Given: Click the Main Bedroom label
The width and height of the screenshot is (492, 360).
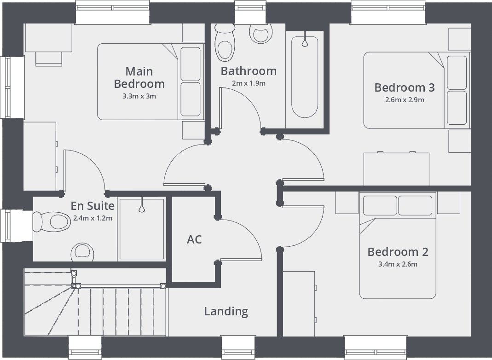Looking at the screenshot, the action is point(139,77).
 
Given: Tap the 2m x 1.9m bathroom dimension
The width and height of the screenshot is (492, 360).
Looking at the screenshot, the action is point(249,83).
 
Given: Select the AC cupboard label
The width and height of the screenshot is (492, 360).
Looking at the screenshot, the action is point(194,239).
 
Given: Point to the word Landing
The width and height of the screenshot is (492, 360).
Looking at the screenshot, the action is point(226,311).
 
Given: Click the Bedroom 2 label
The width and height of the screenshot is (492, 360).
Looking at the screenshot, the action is point(398,252).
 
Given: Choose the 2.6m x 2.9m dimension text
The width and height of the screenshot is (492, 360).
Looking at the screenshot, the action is point(405,100).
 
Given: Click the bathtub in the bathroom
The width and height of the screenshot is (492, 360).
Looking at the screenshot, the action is point(305,77).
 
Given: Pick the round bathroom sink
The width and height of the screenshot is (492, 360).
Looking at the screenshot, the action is point(261,33).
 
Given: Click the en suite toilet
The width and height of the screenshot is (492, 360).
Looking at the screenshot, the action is point(52,222).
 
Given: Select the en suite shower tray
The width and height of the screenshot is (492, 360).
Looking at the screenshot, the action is point(142,229).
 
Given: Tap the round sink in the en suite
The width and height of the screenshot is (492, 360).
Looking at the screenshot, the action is point(82,252).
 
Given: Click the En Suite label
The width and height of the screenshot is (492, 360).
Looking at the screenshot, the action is point(92,206).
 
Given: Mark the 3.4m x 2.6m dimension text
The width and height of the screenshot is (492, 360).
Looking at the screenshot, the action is point(398,264).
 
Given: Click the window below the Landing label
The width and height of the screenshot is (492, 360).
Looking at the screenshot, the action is point(238,348).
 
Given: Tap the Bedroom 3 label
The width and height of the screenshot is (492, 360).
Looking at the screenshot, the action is point(405,87).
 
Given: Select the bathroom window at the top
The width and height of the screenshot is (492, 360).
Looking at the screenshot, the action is point(250,12).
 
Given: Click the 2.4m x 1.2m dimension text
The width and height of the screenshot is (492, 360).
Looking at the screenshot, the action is point(93,218).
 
